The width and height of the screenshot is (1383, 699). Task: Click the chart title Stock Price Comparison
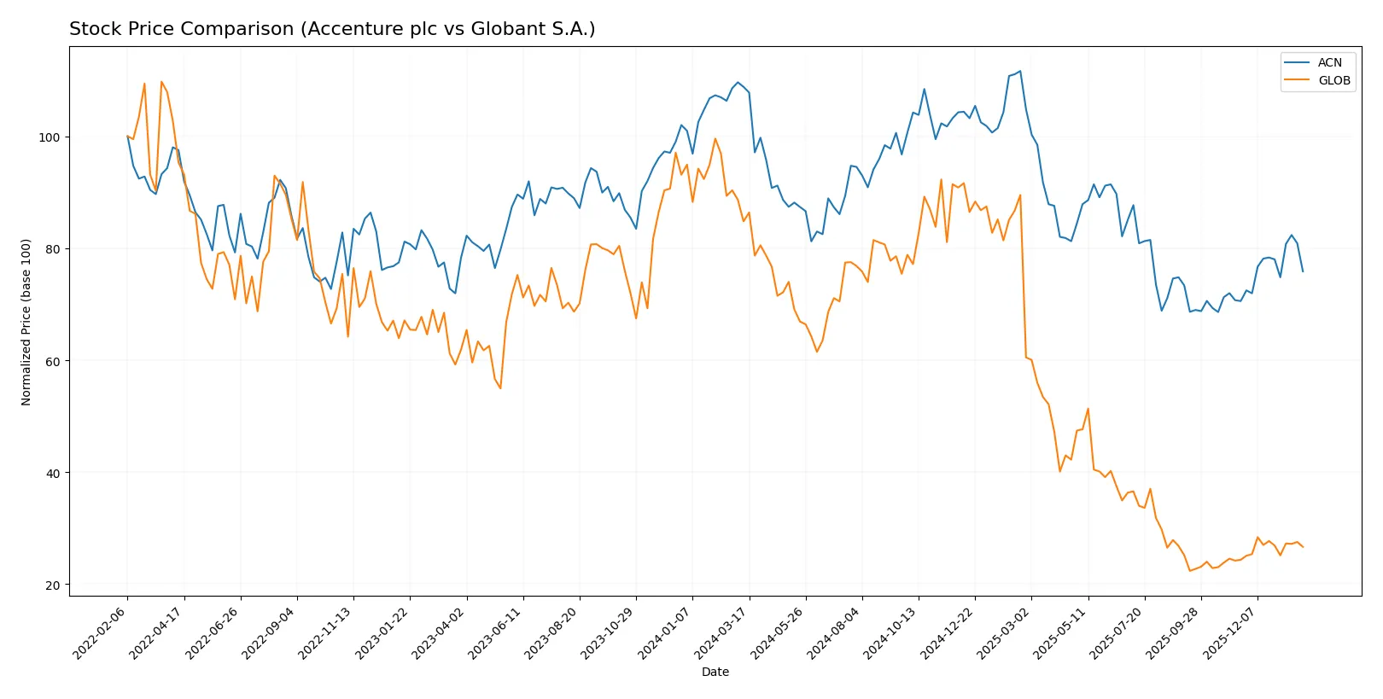pos(332,29)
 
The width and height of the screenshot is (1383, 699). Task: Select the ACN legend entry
pos(1329,62)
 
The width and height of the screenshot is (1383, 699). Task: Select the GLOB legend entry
pos(1333,80)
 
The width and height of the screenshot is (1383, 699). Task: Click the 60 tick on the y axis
pos(52,361)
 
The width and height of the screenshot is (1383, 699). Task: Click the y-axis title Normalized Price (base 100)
pos(26,322)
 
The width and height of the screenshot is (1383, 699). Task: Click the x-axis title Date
pos(715,672)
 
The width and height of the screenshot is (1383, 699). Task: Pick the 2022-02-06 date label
pos(101,632)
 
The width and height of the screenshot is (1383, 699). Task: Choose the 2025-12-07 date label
pos(1230,632)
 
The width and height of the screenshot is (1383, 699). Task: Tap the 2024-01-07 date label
pos(665,632)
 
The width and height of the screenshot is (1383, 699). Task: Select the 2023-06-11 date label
pos(496,632)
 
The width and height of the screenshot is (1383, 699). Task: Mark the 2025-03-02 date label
pos(1004,632)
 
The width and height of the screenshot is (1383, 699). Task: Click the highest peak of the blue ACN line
pos(1020,71)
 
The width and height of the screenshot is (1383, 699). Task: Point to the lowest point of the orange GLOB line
pos(1190,571)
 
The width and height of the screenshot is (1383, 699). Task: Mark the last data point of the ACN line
pos(1303,271)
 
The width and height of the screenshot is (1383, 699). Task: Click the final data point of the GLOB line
pos(1303,547)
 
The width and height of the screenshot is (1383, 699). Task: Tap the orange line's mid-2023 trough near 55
pos(500,388)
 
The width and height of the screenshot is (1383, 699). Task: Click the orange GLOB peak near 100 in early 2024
pos(715,139)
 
